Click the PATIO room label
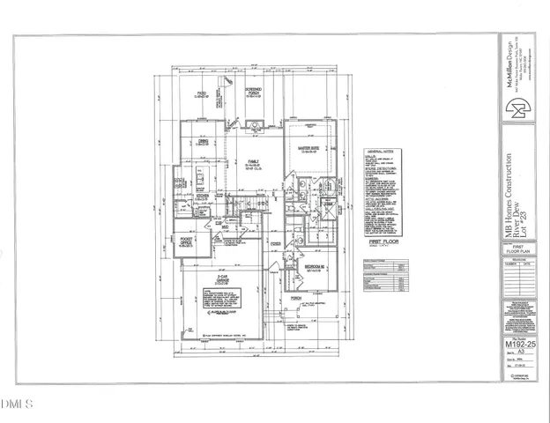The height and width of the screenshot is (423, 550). [x=202, y=94]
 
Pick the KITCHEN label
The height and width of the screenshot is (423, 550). [x=201, y=197]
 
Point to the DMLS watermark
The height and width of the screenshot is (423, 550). [x=15, y=404]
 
